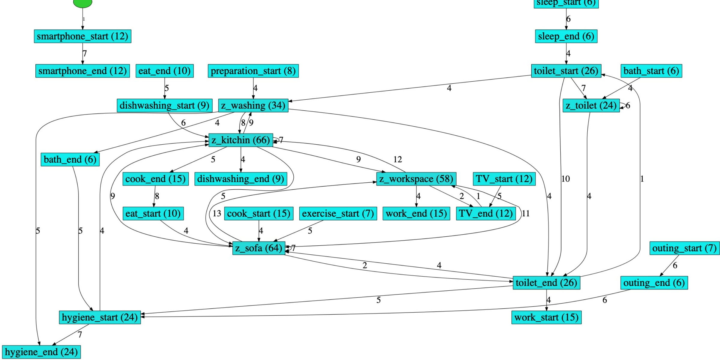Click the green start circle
[82, 3]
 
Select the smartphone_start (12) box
[82, 36]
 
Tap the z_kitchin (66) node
[241, 140]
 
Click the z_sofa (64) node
[259, 248]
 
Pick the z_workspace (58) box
[416, 179]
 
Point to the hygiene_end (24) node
[41, 352]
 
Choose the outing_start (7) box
[684, 248]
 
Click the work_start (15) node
[546, 317]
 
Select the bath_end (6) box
[70, 159]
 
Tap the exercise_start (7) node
[338, 214]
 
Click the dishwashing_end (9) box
[241, 179]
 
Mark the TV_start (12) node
[504, 179]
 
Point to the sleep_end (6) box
[566, 36]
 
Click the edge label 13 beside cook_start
[217, 214]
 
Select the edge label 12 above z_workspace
[397, 159]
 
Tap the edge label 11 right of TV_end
[526, 214]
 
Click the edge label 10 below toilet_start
[565, 179]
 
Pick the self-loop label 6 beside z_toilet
[628, 106]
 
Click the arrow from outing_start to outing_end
[669, 265]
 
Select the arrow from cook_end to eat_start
[155, 196]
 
